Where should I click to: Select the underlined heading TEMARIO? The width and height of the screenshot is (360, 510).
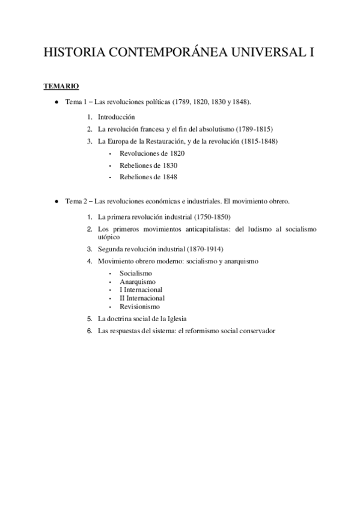coord(61,87)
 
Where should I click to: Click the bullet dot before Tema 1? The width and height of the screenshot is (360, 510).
coord(56,103)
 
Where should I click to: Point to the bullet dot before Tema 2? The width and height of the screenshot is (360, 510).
coord(56,201)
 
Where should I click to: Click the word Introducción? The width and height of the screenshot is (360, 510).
coord(117,117)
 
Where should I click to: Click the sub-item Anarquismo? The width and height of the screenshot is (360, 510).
coord(138,281)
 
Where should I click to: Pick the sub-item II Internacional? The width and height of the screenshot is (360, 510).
coord(142,298)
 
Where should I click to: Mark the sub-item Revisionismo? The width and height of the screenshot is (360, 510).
coord(139,306)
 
